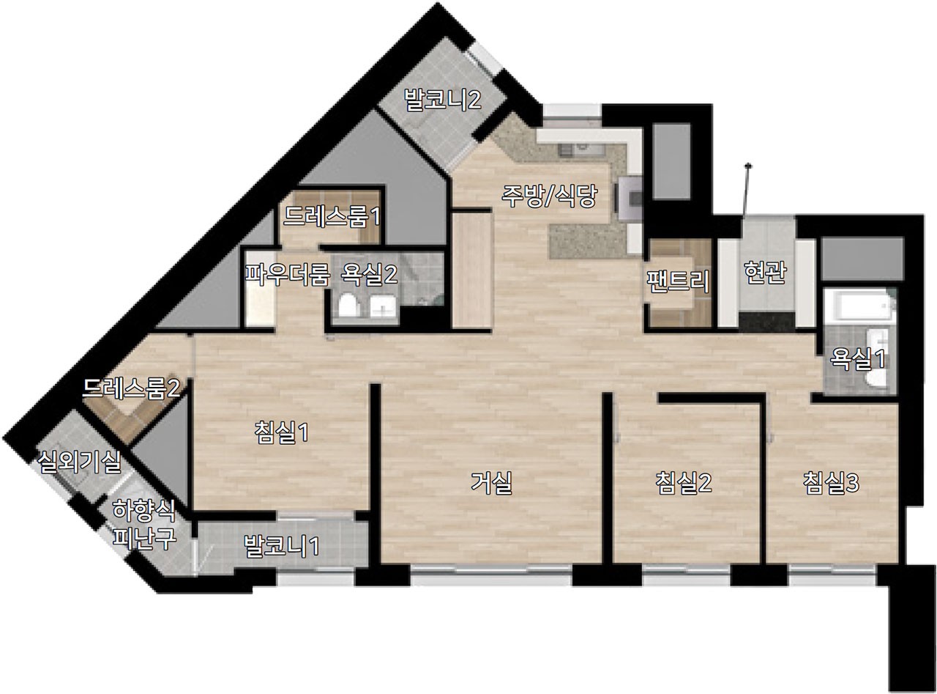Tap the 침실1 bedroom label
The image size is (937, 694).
pos(282,433)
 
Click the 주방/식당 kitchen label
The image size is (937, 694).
pos(549,197)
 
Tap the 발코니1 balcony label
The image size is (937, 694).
pos(282,546)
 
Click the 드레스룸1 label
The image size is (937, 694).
pos(332,216)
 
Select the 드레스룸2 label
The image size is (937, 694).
pos(132,388)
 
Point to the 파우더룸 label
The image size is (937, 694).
pos(287,275)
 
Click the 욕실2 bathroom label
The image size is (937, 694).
pos(369,275)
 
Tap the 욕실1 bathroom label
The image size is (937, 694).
pos(857,359)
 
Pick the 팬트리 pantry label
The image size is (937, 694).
pos(678,281)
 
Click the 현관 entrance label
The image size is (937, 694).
pos(765,273)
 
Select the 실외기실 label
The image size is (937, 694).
pos(79,462)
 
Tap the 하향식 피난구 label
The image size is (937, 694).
pos(143,524)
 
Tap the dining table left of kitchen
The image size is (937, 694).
pos(472,270)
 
